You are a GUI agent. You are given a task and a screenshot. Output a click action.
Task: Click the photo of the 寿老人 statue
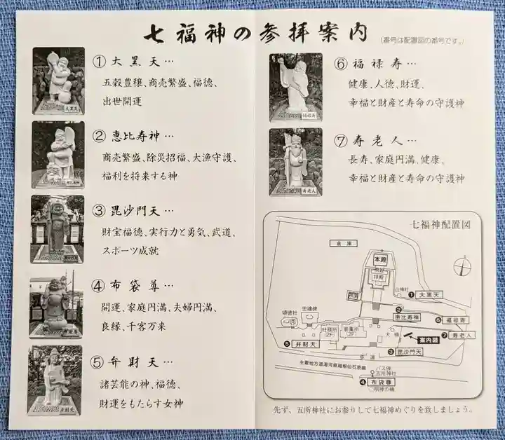point(295,162)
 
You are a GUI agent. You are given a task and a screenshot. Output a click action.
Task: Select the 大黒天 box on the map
point(431,296)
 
